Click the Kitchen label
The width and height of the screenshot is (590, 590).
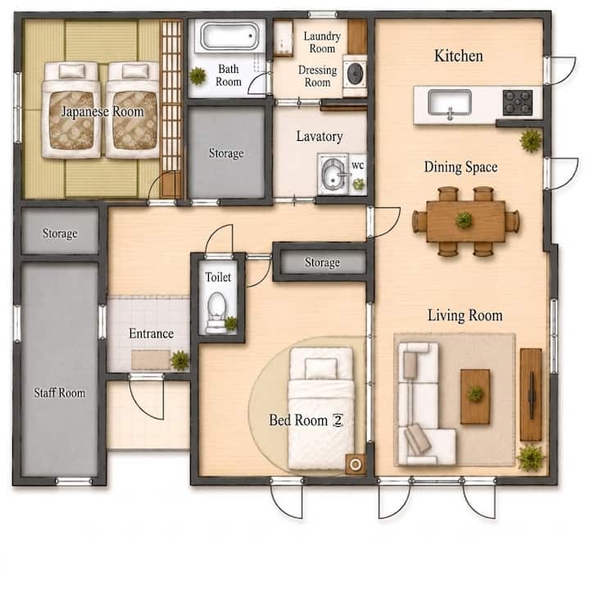(458, 56)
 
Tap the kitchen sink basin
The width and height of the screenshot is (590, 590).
(449, 102)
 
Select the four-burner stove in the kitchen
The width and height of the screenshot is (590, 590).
(518, 102)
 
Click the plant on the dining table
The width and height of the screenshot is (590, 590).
(464, 220)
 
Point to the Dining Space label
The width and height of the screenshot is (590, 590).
(461, 166)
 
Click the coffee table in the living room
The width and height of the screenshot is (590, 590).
(475, 397)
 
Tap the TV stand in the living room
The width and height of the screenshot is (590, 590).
(531, 394)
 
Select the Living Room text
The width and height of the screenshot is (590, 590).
(465, 315)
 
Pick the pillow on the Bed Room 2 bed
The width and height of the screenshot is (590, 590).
(321, 368)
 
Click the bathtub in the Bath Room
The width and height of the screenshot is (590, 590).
(230, 36)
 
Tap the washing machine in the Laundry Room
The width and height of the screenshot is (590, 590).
(355, 75)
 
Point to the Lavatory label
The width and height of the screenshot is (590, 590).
(319, 136)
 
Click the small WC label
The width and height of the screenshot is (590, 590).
(357, 166)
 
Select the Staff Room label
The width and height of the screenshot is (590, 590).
(60, 393)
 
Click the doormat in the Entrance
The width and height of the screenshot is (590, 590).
(151, 360)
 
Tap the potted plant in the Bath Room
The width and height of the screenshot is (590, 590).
(197, 76)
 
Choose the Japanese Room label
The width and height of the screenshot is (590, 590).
(102, 111)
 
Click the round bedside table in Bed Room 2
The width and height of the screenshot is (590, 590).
(355, 464)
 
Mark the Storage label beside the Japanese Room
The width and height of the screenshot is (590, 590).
(226, 153)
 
